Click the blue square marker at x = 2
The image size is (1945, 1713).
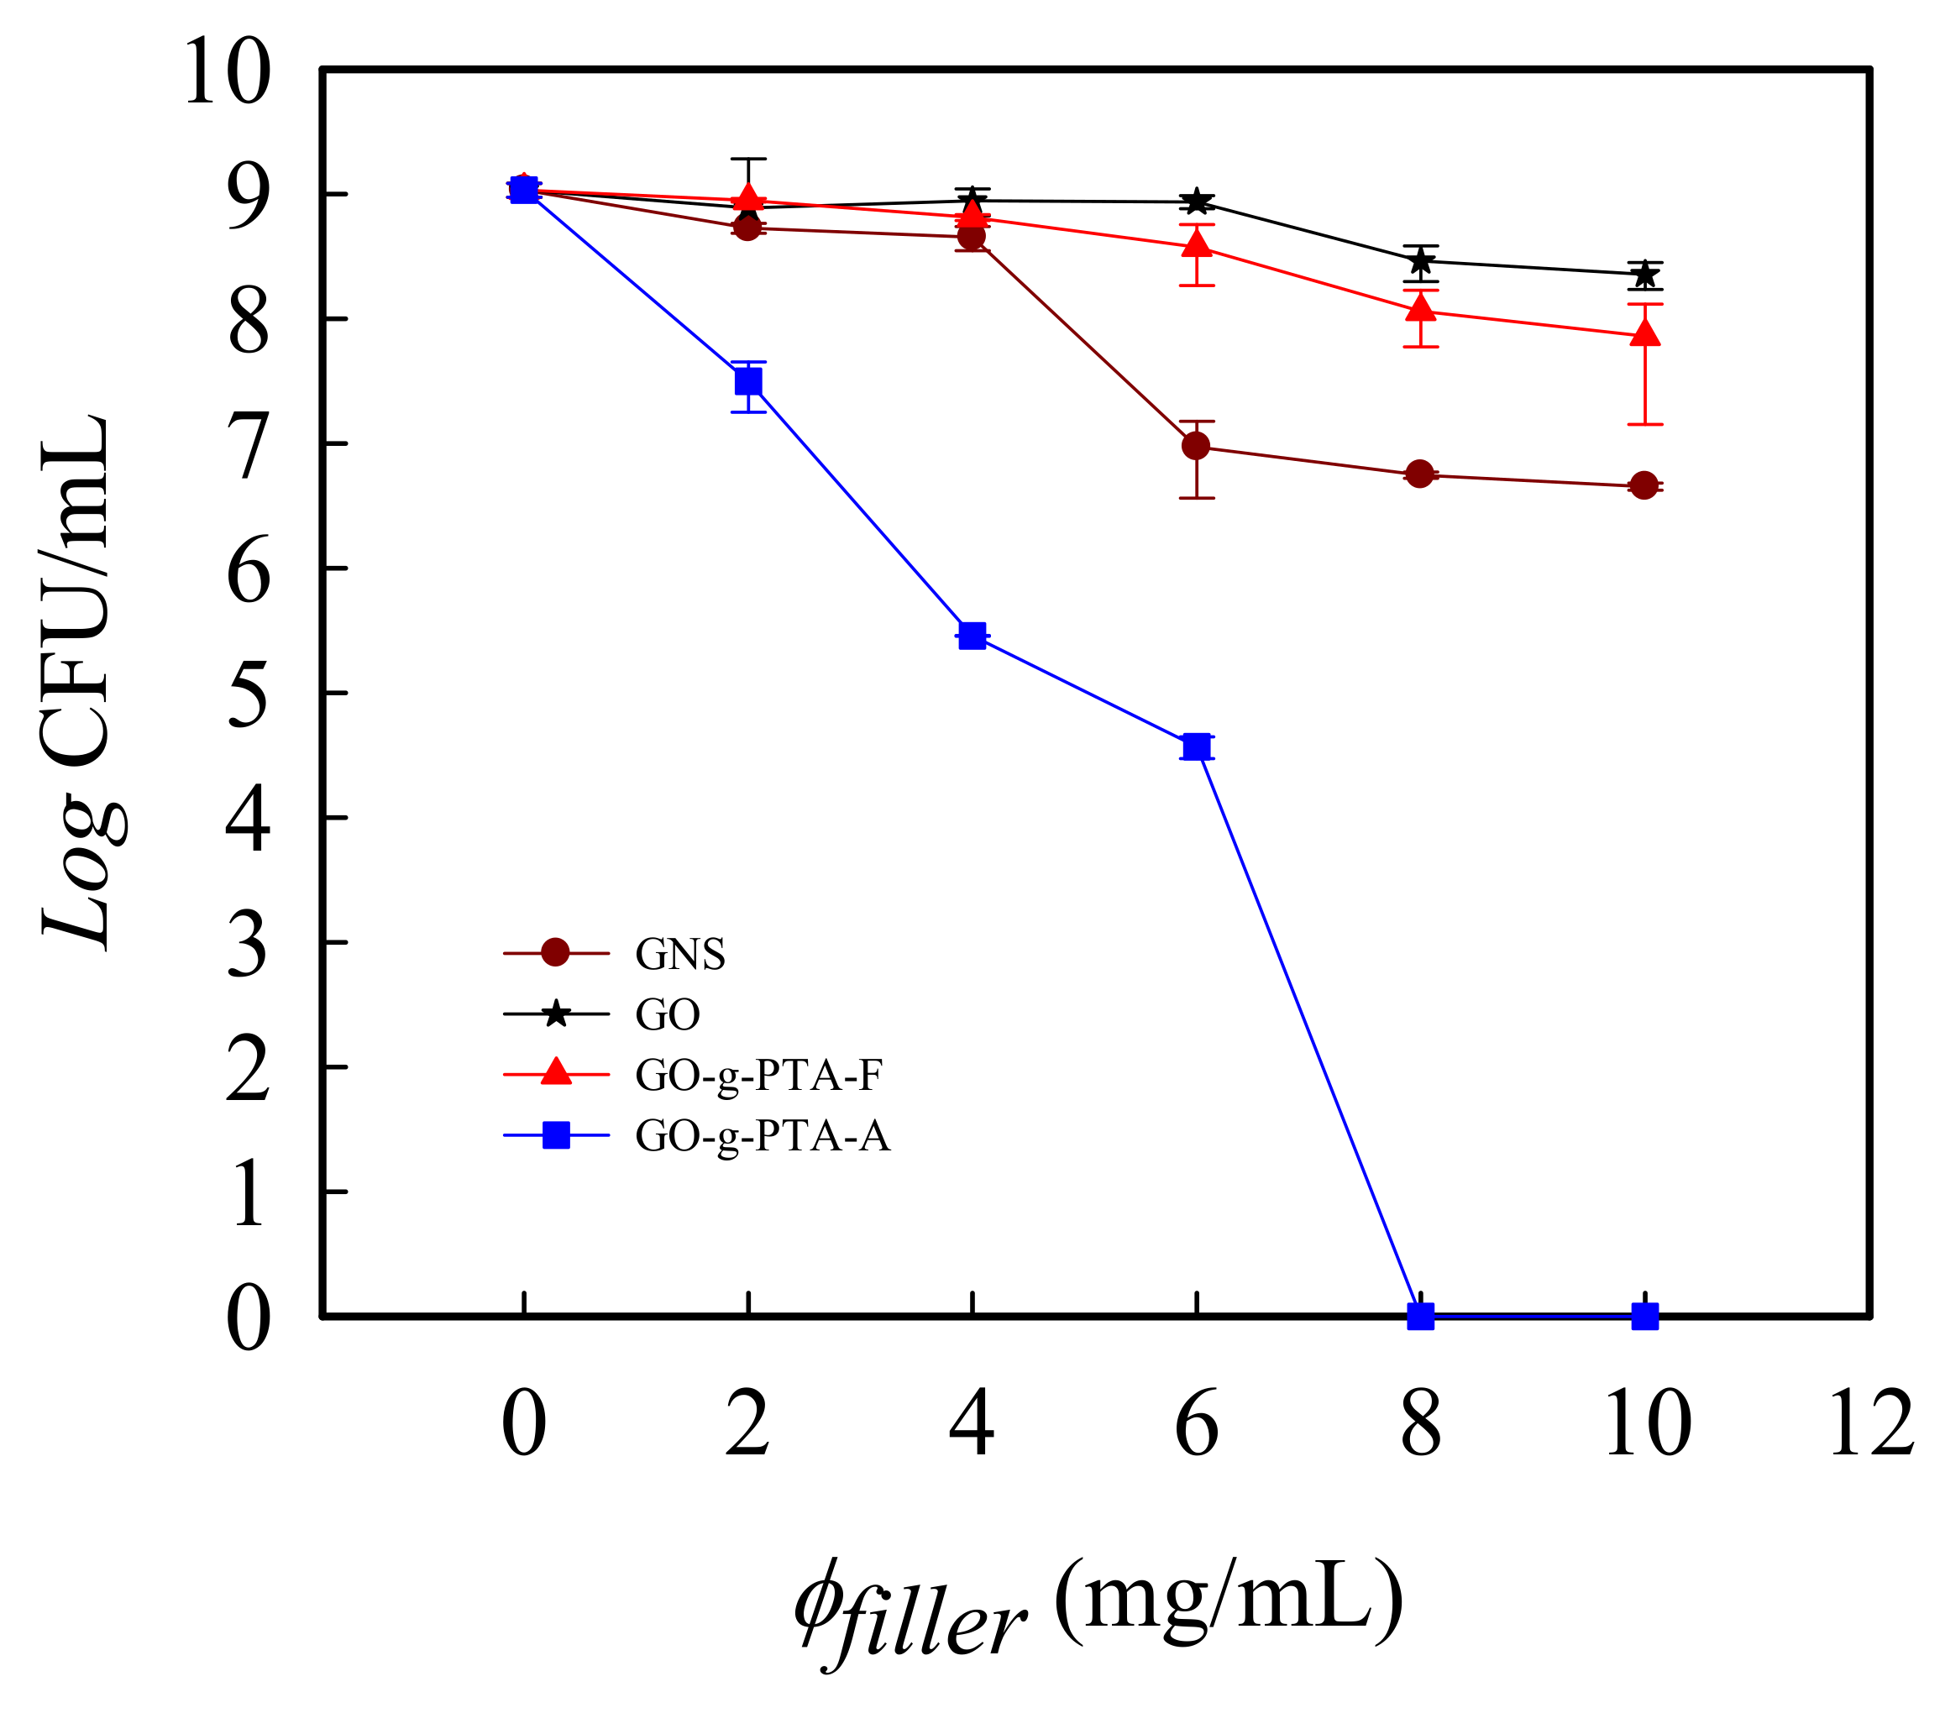749,381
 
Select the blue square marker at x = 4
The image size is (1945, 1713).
972,636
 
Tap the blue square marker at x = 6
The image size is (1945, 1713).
1196,747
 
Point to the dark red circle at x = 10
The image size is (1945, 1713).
1644,485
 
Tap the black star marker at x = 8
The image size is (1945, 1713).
1420,259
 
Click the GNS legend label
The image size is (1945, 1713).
680,955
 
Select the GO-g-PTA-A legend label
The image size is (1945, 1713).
763,1136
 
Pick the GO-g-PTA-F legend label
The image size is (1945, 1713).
758,1076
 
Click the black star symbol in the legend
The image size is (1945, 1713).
556,1014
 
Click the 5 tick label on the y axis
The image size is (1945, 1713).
249,694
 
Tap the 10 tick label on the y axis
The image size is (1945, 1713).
227,72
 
